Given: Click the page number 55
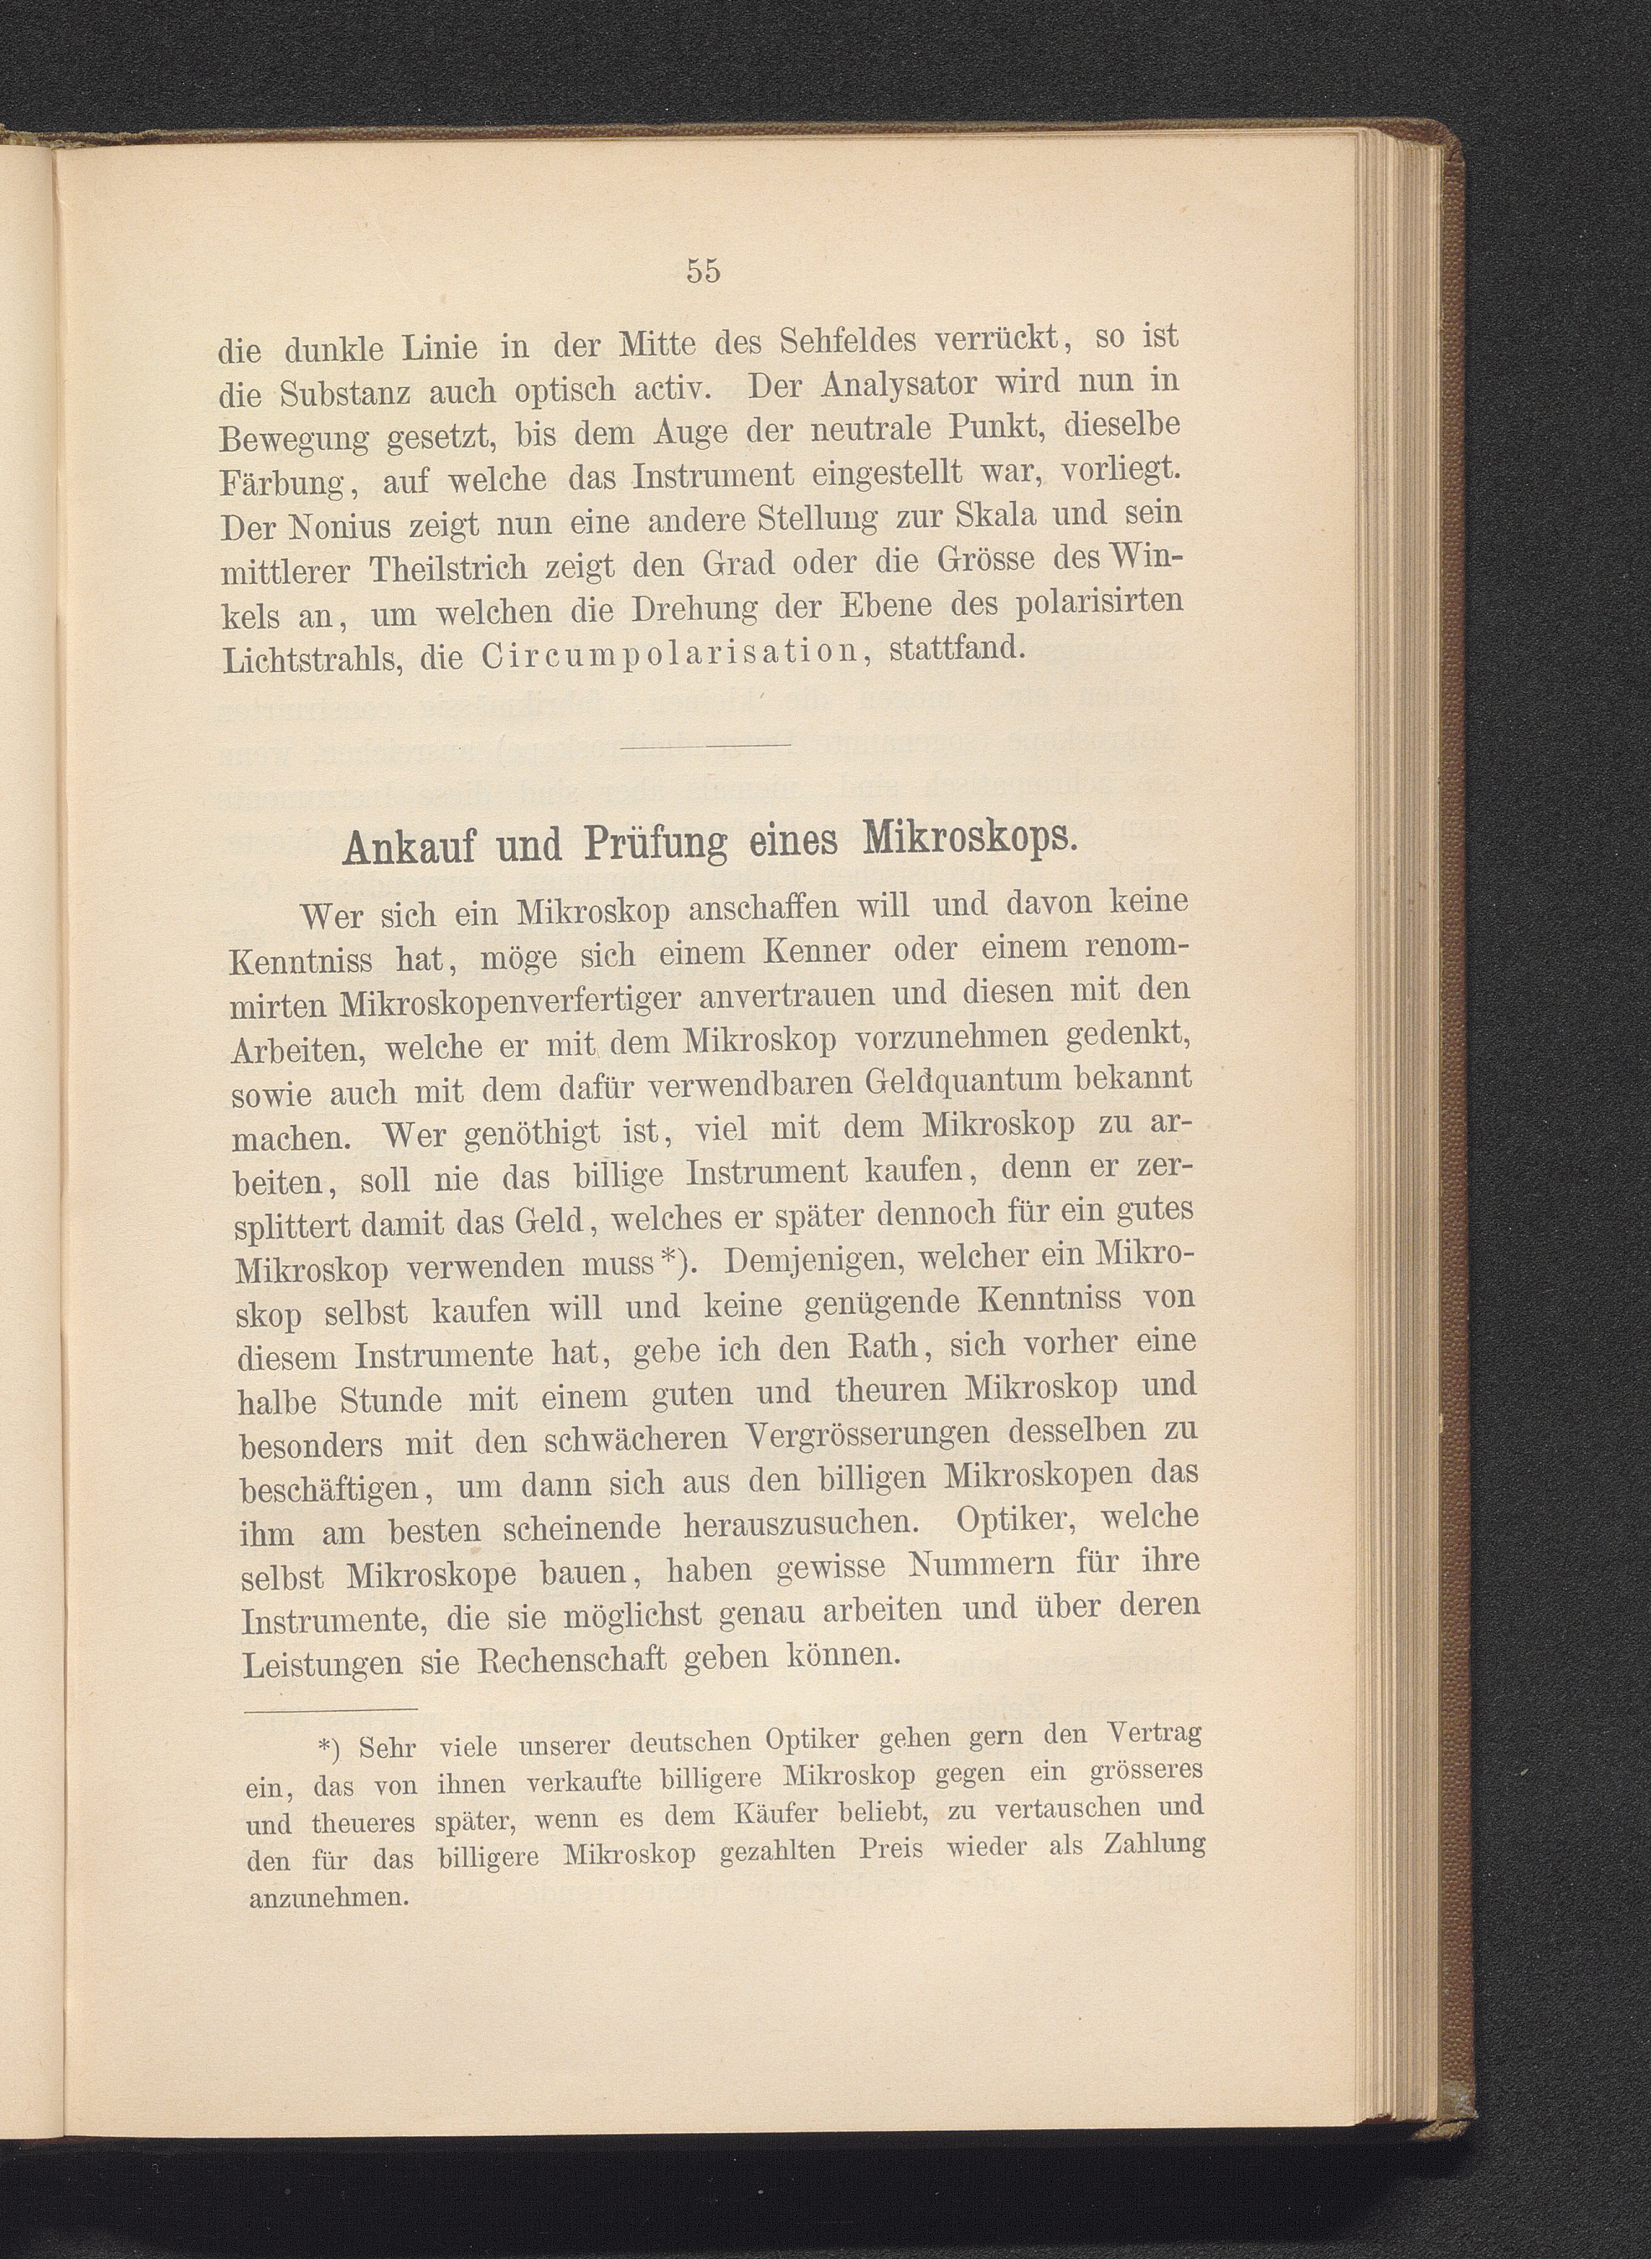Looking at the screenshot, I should (x=703, y=270).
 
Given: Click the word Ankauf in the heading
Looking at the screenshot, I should (x=414, y=845).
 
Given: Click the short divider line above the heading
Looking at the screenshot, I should (x=704, y=745).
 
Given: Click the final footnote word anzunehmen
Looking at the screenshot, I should (x=329, y=1896).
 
